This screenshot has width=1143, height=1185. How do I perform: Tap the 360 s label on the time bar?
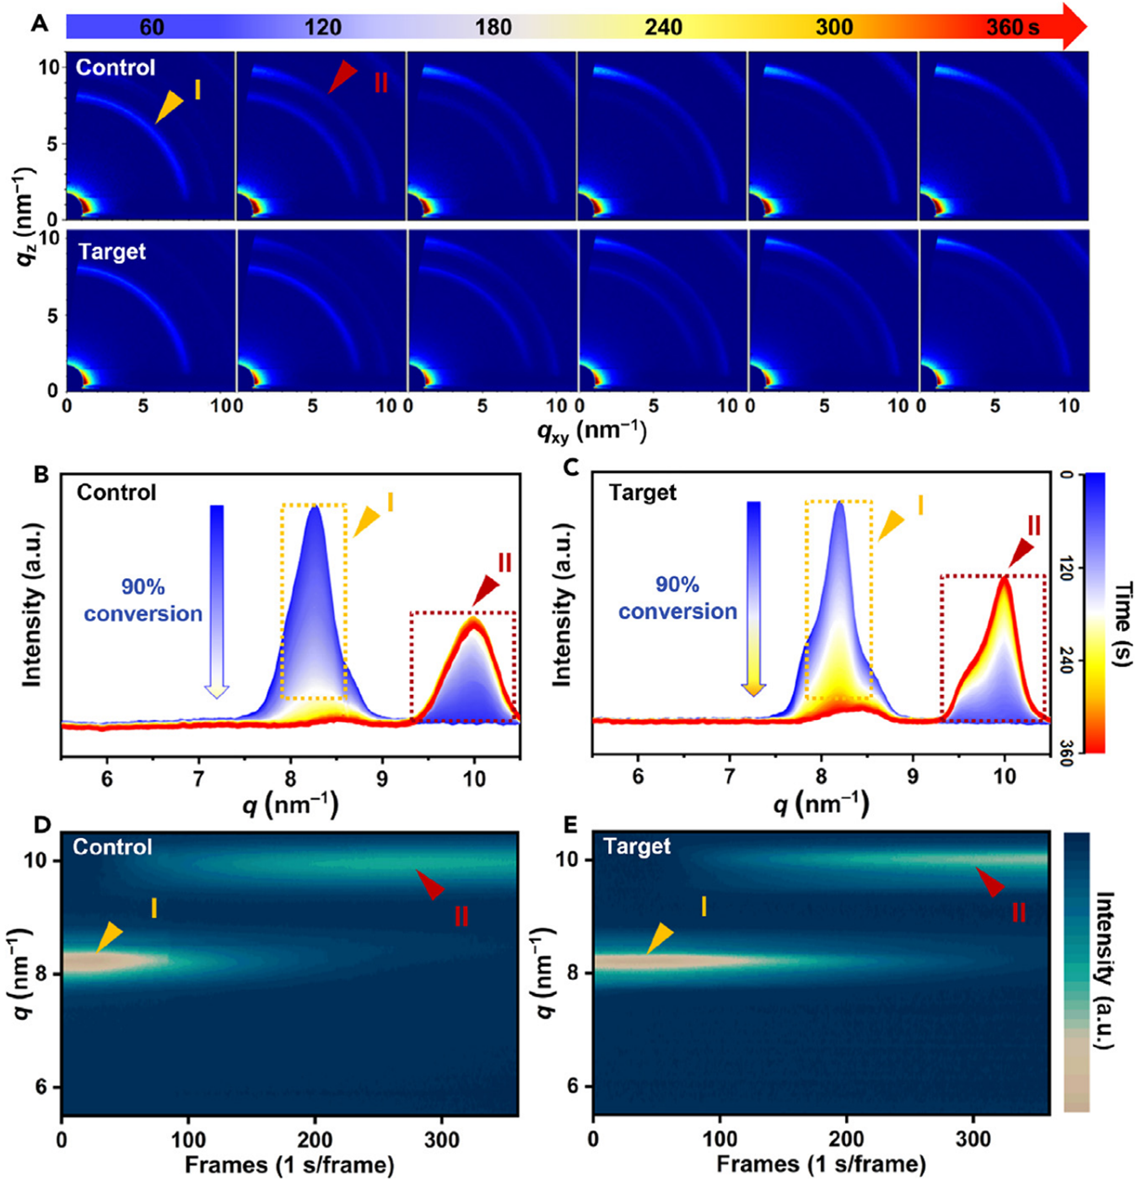click(1013, 28)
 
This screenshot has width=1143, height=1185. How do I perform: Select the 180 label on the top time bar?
click(494, 28)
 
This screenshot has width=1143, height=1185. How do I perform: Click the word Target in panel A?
click(112, 251)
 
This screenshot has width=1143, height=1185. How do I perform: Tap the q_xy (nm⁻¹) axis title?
click(591, 431)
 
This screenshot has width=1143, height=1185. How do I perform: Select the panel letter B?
click(41, 474)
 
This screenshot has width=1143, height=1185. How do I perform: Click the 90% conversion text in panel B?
click(143, 599)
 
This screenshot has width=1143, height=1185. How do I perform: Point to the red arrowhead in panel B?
click(486, 592)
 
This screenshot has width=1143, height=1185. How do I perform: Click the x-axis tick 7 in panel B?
click(199, 779)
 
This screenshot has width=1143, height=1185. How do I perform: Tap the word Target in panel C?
click(643, 492)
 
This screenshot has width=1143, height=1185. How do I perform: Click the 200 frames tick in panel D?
click(315, 1140)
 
